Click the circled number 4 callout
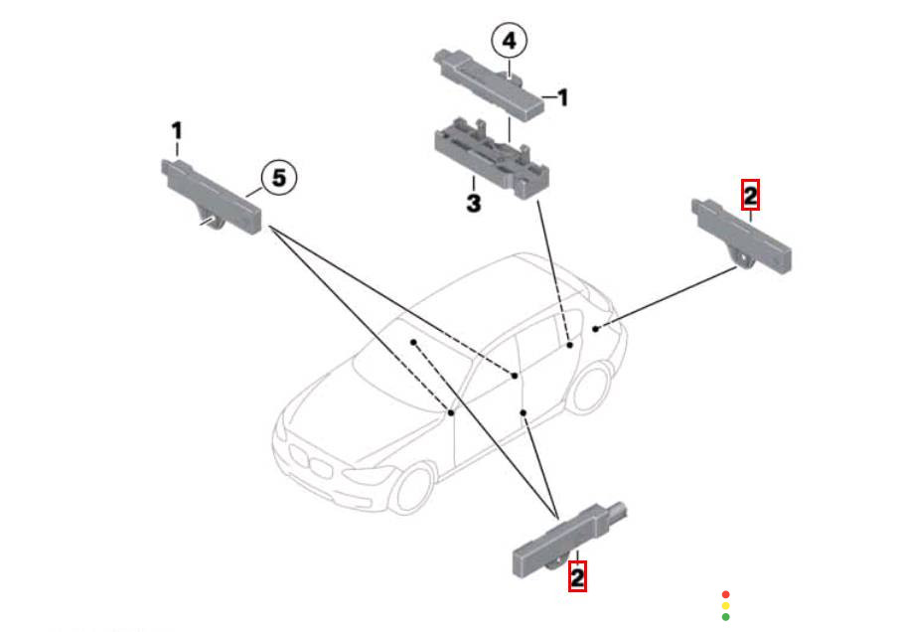(x=509, y=42)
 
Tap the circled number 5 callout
(x=279, y=178)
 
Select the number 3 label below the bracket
(x=473, y=204)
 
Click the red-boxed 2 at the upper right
(x=750, y=195)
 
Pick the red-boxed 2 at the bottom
(x=577, y=575)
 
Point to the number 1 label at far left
(x=177, y=131)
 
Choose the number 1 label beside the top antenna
(x=562, y=97)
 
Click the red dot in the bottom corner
(x=725, y=594)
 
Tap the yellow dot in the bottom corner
(x=725, y=605)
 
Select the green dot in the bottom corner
(x=725, y=617)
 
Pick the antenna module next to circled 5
(x=211, y=195)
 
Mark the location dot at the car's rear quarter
(x=594, y=327)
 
